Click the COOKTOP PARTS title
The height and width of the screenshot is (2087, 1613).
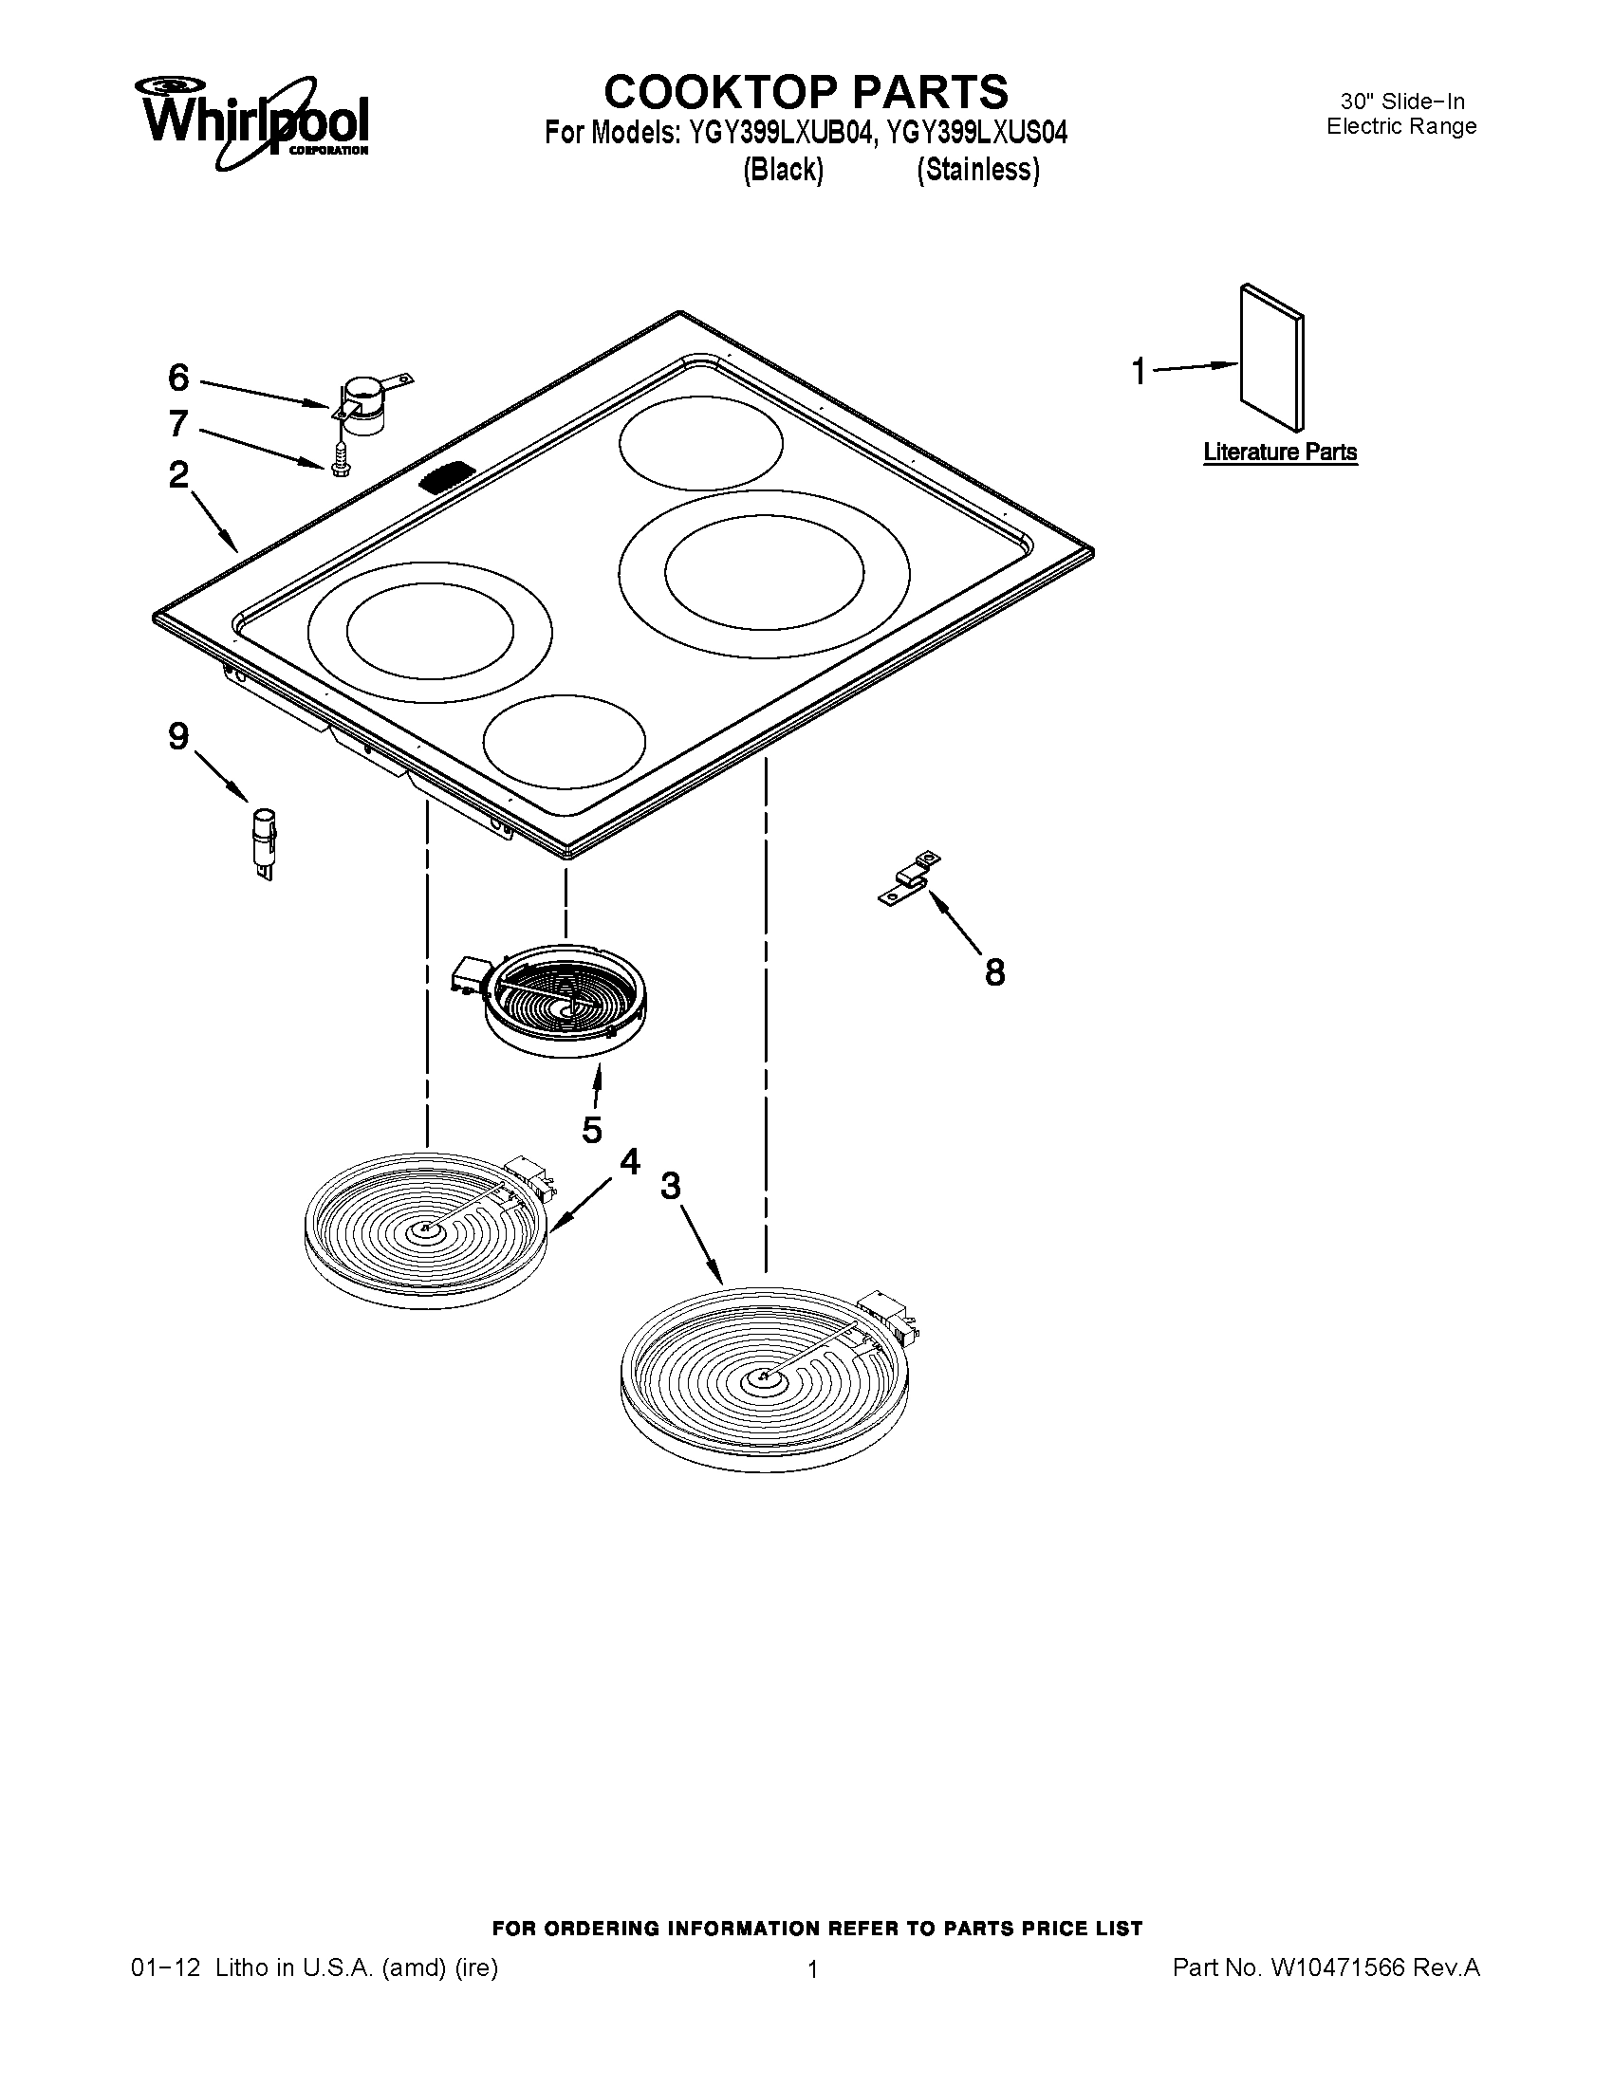806,93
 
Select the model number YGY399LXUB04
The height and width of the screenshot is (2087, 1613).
775,132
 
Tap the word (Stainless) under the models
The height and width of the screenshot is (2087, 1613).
977,170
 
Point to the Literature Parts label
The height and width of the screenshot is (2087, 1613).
1280,452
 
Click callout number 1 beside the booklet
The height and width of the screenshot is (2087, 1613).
1138,371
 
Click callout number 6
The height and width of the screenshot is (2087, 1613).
178,379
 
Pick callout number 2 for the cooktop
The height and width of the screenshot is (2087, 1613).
178,475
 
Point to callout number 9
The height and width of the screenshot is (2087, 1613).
178,737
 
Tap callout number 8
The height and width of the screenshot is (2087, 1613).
994,972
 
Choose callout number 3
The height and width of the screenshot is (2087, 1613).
671,1186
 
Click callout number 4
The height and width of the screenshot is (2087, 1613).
629,1161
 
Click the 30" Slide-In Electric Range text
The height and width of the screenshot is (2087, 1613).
1400,114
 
